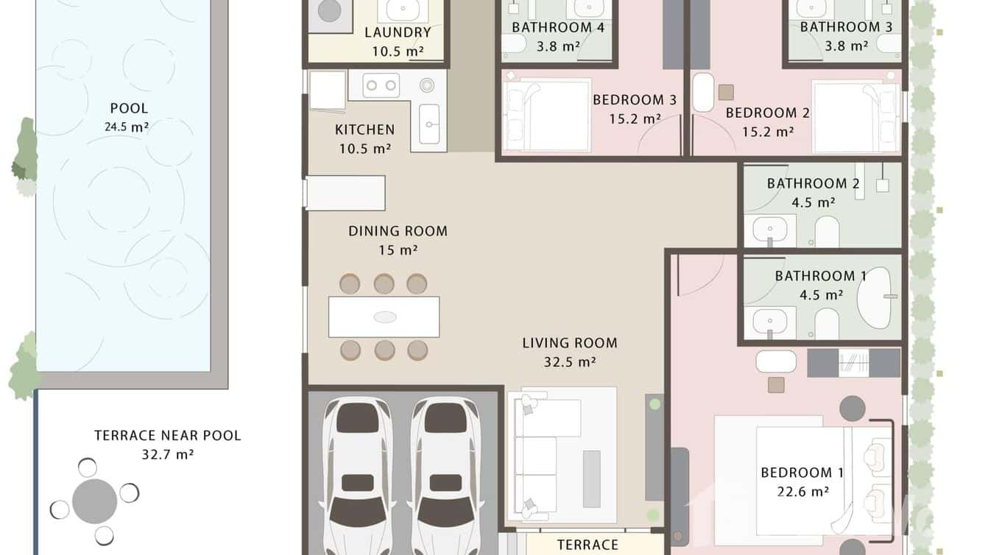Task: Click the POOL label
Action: [129, 109]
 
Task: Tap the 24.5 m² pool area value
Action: [127, 127]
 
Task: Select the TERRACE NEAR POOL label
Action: [167, 435]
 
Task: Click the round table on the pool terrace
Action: [95, 501]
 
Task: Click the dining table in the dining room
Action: [384, 317]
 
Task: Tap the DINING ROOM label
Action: [398, 231]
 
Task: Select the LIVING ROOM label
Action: [569, 343]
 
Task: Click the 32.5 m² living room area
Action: [569, 361]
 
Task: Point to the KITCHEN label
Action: [364, 130]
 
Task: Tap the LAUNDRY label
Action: [398, 32]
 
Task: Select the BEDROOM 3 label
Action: [634, 100]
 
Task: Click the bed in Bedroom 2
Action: [855, 116]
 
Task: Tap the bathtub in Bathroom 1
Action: [875, 298]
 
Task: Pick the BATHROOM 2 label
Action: [813, 183]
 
